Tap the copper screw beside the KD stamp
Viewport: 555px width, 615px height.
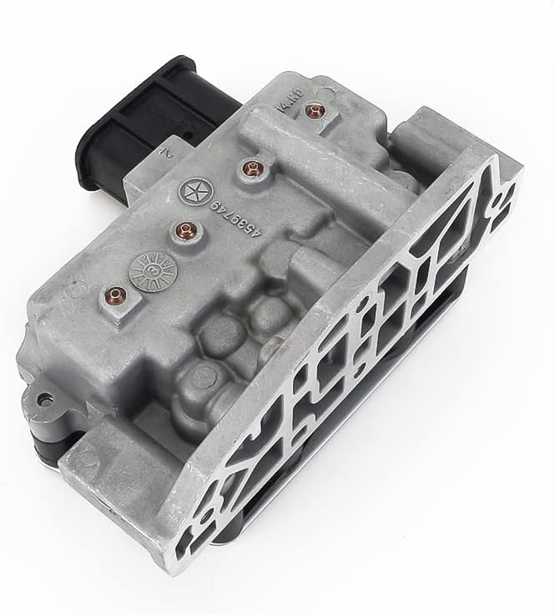[x=313, y=110]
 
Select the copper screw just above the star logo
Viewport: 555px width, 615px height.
[x=248, y=169]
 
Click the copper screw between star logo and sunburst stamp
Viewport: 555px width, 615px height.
[x=179, y=226]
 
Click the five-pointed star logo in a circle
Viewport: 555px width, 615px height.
[x=191, y=190]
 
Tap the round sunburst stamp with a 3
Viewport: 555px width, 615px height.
[x=153, y=269]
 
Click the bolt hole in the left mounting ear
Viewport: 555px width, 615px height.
[x=44, y=399]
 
